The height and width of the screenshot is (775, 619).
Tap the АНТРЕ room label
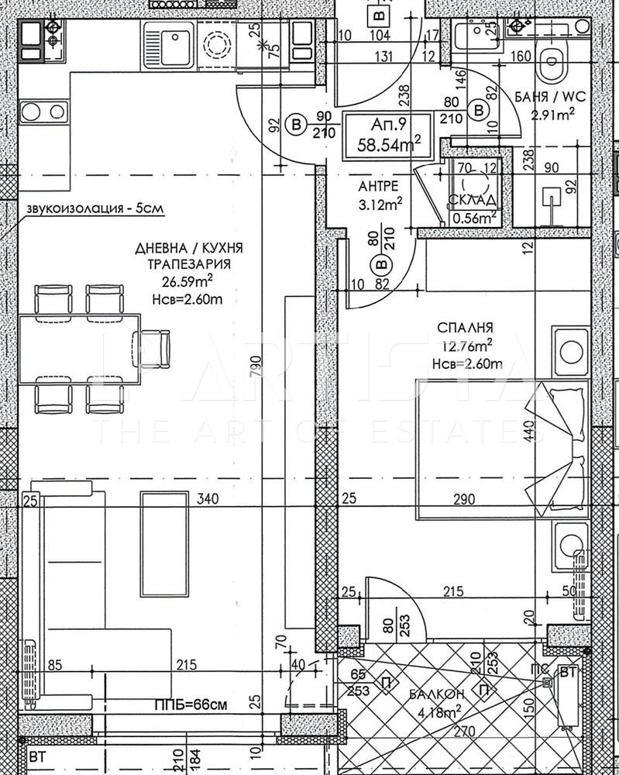(380, 187)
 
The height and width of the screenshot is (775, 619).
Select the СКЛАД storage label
(473, 202)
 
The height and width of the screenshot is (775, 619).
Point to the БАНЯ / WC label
(551, 98)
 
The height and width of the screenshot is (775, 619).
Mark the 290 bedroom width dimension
(464, 501)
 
